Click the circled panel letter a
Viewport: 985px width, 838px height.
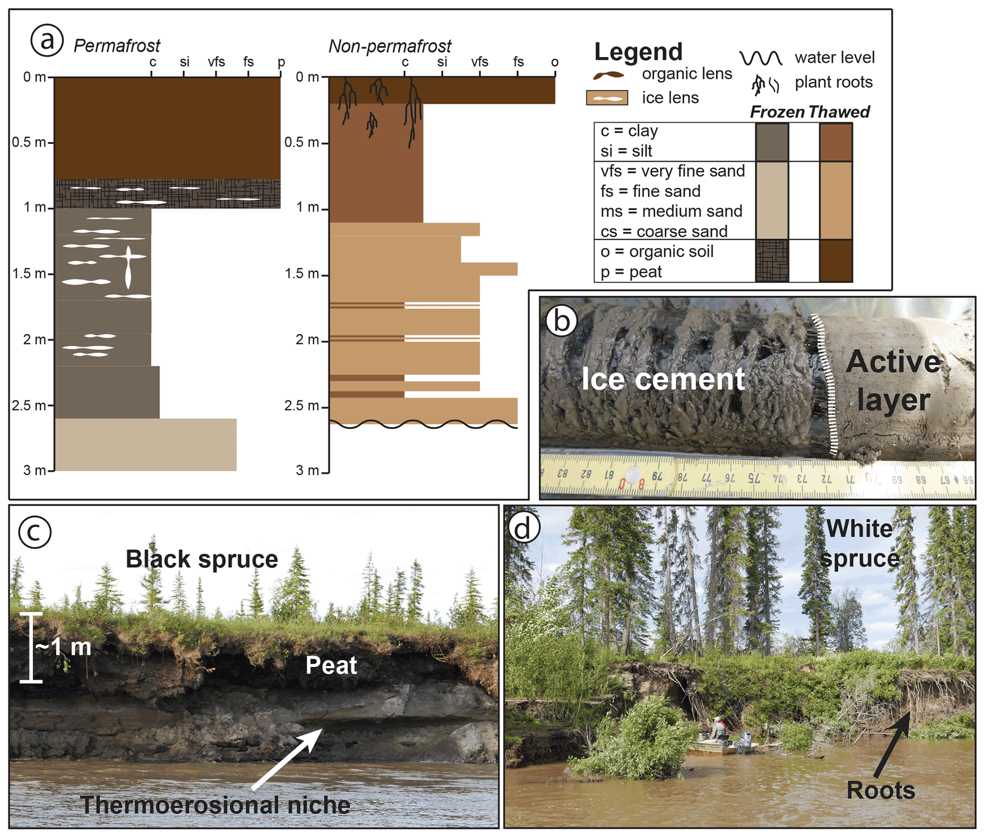47,41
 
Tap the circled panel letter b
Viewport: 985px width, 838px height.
561,321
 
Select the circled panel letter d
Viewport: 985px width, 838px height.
524,529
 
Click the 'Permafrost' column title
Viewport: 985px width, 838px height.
117,46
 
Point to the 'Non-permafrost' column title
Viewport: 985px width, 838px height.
389,46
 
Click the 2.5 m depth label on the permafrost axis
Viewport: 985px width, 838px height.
29,406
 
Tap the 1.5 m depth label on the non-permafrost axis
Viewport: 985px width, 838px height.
302,274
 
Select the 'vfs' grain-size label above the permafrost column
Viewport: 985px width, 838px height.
216,62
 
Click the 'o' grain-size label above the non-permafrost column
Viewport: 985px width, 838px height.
555,62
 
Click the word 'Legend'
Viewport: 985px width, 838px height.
638,51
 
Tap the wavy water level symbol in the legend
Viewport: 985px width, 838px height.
761,58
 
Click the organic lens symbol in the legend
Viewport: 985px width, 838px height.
609,75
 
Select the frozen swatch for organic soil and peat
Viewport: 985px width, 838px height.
772,261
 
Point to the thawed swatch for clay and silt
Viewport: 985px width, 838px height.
836,142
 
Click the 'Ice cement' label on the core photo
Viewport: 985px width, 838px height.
663,379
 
